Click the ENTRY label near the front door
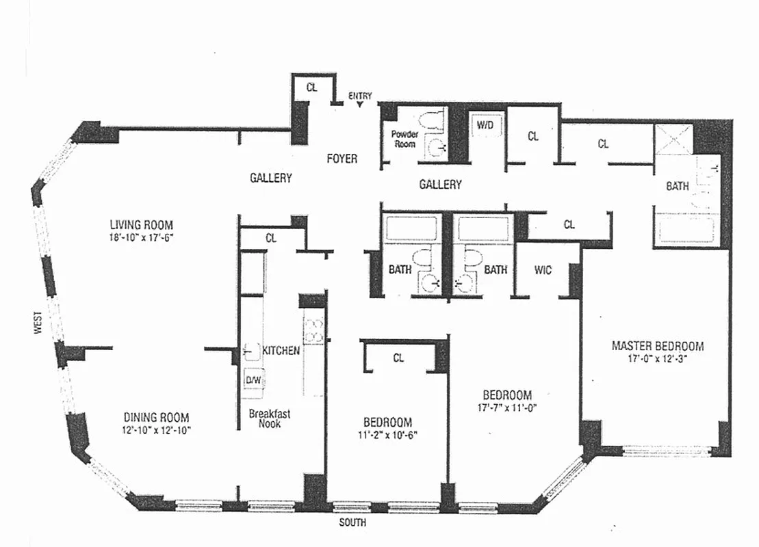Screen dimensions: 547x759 tap(360, 96)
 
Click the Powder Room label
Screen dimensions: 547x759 tap(404, 139)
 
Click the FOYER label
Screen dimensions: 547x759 tap(342, 159)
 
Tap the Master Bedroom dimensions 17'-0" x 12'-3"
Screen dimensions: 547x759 tap(657, 359)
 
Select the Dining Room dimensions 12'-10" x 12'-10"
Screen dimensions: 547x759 tap(157, 430)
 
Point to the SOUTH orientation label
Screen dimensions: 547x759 tap(352, 523)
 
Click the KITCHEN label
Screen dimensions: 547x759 tap(281, 351)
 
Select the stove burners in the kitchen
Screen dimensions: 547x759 tap(313, 330)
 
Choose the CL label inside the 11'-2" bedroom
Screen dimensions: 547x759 tap(398, 358)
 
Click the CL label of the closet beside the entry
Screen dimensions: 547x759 tap(311, 88)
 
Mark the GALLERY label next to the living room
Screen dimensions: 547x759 tap(270, 178)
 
